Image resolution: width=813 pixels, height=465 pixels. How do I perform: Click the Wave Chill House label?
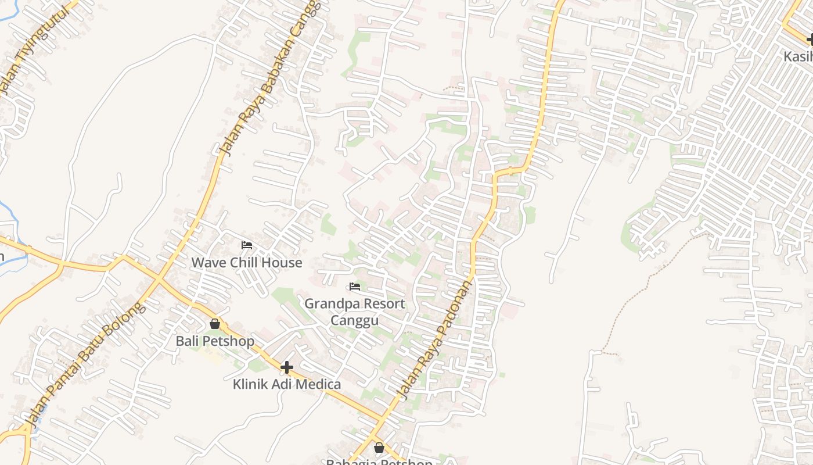247,263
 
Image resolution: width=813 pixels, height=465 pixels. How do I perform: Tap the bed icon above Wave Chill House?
247,245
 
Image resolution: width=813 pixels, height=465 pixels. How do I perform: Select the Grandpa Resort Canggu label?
355,312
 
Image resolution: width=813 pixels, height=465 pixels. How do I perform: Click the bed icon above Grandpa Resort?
355,287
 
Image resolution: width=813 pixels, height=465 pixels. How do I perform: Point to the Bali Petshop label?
215,341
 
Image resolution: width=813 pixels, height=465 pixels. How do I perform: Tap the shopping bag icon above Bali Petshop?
215,324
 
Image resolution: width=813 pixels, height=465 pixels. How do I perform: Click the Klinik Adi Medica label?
287,384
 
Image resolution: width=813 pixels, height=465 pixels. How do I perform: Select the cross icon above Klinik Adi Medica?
286,367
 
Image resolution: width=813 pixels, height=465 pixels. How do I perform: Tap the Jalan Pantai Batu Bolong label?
84,364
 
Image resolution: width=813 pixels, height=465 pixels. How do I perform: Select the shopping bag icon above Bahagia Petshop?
379,448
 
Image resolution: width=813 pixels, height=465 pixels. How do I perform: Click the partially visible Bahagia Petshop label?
379,462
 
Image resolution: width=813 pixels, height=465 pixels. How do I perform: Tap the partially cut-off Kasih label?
798,56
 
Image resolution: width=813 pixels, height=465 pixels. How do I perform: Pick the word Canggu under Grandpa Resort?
355,320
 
